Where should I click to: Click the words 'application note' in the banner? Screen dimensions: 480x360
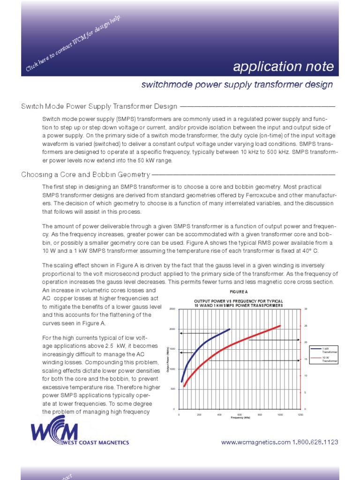tap(283, 67)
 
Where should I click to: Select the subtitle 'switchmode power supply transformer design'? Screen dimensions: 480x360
tap(237, 85)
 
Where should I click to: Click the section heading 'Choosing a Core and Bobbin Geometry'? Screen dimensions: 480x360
tap(85, 175)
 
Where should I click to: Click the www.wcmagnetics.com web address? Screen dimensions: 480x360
tap(255, 442)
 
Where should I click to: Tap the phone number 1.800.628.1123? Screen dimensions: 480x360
tap(315, 442)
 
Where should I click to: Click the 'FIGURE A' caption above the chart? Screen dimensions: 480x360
tap(239, 292)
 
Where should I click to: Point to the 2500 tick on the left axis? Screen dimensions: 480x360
tap(172, 309)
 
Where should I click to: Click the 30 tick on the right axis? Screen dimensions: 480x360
tap(306, 309)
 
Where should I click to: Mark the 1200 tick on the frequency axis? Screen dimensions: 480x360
tap(300, 415)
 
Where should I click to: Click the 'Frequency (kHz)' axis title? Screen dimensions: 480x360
tap(240, 418)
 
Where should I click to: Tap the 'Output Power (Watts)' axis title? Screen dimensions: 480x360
tap(168, 359)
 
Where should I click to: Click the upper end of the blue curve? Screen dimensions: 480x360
tap(229, 329)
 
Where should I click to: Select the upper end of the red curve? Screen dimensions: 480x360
tap(280, 326)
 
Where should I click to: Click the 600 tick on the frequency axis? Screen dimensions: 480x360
tap(240, 415)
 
